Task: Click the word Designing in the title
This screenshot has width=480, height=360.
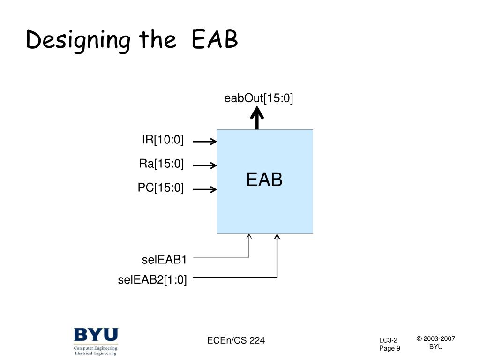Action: pos(78,41)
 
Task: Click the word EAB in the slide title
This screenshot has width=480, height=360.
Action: pos(215,41)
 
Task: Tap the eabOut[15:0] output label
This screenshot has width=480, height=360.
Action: pos(258,98)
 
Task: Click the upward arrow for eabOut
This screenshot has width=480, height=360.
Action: pos(257,117)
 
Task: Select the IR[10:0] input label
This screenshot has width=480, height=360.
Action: pos(163,140)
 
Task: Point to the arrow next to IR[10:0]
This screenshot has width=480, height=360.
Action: pos(205,141)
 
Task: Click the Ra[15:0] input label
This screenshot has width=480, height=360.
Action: pos(161,164)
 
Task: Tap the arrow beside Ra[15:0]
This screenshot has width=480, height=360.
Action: pos(205,165)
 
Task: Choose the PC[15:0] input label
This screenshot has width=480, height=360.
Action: pos(161,188)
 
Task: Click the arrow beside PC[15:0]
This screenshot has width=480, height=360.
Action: pos(205,189)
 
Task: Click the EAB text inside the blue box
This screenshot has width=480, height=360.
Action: pos(264,180)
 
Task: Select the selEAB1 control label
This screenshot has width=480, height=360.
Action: pos(164,260)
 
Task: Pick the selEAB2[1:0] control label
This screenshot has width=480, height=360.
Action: pos(152,280)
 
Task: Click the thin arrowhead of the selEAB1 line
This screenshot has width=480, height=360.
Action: pos(249,237)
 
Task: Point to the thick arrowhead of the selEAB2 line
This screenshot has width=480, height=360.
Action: pos(277,237)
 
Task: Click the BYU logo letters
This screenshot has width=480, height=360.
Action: pos(96,336)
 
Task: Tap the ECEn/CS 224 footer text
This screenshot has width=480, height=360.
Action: pos(236,340)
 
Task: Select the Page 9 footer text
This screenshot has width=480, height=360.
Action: pos(390,348)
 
